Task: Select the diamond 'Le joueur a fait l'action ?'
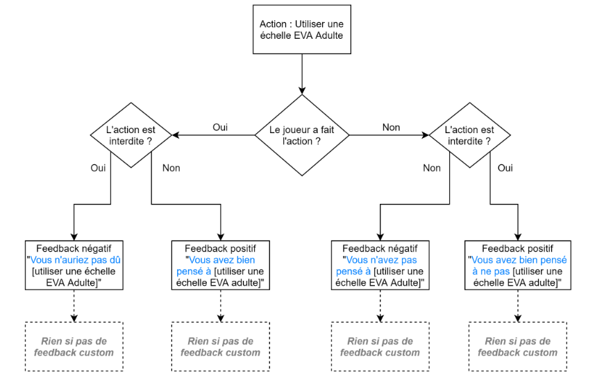(301, 135)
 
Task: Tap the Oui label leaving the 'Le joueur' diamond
(220, 128)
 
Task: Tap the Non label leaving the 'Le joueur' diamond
(391, 128)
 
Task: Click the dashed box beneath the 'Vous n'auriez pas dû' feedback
(74, 346)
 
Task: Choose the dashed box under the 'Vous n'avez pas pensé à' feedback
(379, 346)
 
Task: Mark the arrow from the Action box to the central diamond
(301, 73)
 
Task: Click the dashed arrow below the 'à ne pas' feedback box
(520, 306)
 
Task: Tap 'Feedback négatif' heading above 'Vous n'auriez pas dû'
(74, 248)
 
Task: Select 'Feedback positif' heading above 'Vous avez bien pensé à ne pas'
(520, 248)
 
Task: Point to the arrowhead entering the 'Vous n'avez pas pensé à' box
(379, 236)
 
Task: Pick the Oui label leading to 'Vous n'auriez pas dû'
(98, 169)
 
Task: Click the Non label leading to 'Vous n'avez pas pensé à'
(431, 168)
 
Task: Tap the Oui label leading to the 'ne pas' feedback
(505, 168)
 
